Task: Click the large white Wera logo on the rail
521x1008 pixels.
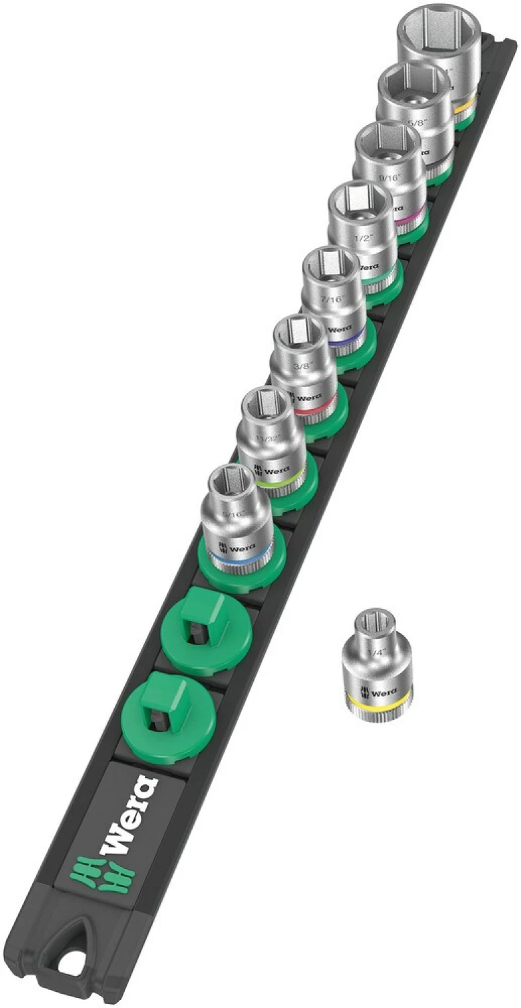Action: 130,816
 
